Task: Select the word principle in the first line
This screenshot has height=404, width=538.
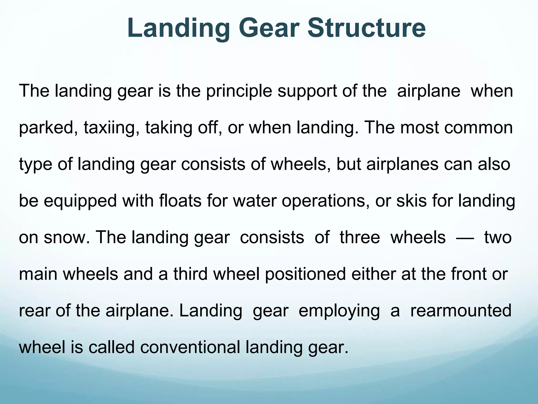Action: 239,92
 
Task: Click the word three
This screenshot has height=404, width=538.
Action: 360,237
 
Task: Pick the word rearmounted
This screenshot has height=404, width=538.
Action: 461,311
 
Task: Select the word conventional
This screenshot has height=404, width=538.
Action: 190,347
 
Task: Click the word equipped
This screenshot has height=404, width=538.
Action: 80,201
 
